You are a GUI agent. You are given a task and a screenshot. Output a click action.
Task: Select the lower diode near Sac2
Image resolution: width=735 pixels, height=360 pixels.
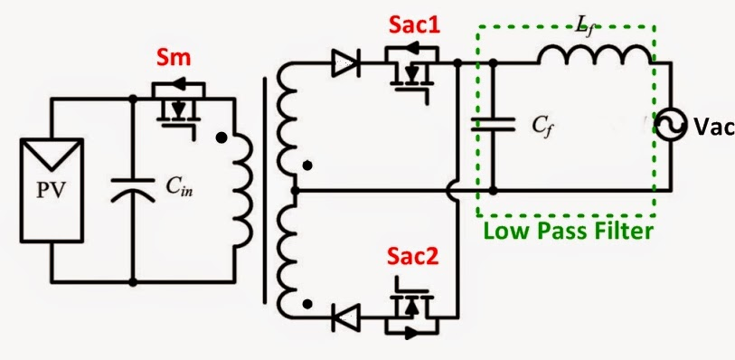(344, 317)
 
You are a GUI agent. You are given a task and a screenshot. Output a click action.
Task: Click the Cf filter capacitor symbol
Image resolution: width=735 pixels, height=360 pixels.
(492, 127)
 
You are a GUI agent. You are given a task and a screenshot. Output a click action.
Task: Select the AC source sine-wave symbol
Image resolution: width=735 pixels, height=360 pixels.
(669, 127)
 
